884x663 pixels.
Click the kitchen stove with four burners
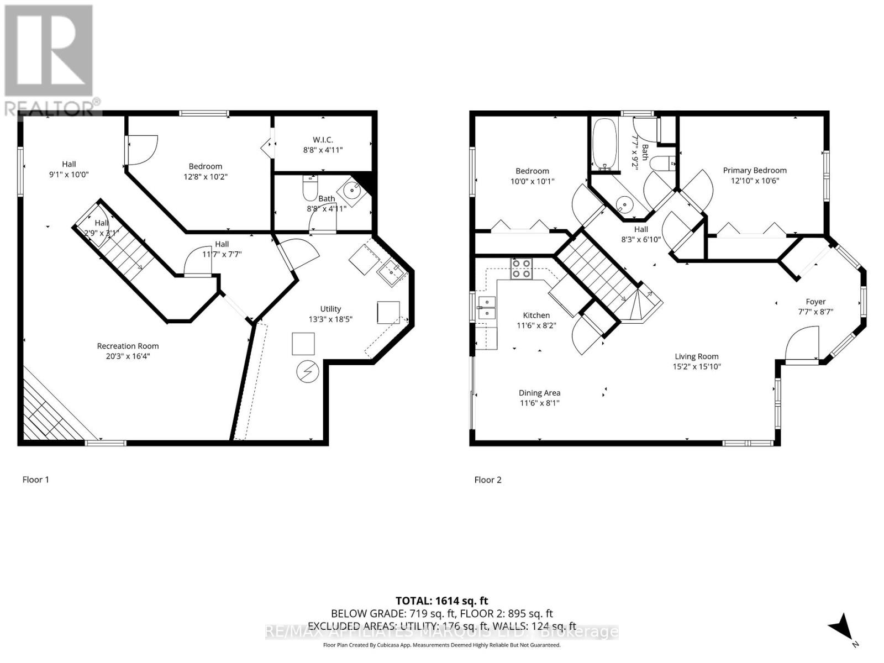click(x=521, y=269)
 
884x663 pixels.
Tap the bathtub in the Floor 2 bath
click(x=600, y=143)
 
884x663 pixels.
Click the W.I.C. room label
click(x=323, y=140)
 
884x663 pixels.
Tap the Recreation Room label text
click(x=128, y=346)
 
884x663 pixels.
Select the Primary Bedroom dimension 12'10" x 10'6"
click(x=755, y=181)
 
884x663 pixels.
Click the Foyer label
click(x=815, y=302)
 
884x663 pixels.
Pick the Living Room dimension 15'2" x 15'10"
click(x=696, y=366)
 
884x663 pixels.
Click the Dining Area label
click(x=539, y=393)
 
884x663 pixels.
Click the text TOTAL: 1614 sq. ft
click(x=441, y=601)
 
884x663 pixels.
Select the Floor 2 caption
click(x=488, y=480)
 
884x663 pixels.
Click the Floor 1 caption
click(x=35, y=480)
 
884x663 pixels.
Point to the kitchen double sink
click(x=487, y=307)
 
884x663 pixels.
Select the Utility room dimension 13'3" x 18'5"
click(x=330, y=319)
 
